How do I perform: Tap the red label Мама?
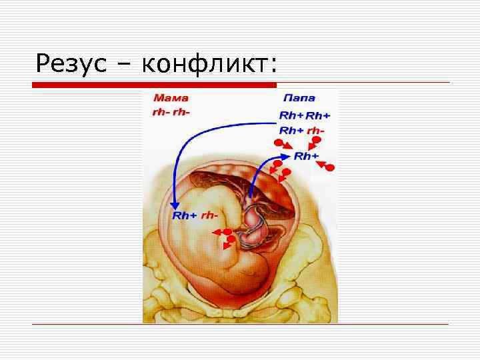pos(169,97)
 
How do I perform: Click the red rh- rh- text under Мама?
pos(171,111)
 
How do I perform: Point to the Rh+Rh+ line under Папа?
pos(304,115)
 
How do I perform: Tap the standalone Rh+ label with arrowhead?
pos(306,156)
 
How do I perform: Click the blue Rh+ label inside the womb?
pos(184,215)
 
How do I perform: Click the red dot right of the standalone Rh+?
pos(329,167)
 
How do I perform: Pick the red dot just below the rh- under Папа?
pos(317,141)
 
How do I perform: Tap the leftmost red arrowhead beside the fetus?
pos(216,231)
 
